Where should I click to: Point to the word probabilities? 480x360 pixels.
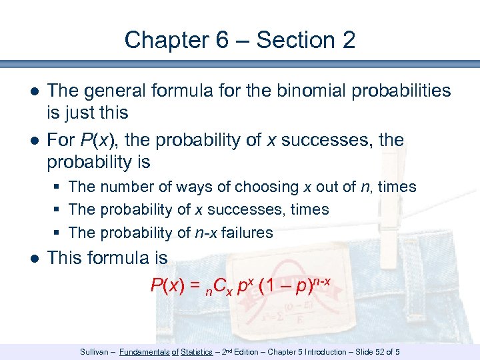(x=393, y=91)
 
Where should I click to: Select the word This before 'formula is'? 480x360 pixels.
(x=68, y=257)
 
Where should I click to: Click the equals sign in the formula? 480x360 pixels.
(x=195, y=287)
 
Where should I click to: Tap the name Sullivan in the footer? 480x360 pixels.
(x=94, y=351)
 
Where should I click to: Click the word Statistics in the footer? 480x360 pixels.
(x=201, y=351)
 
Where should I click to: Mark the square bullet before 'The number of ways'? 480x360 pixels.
(x=58, y=187)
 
